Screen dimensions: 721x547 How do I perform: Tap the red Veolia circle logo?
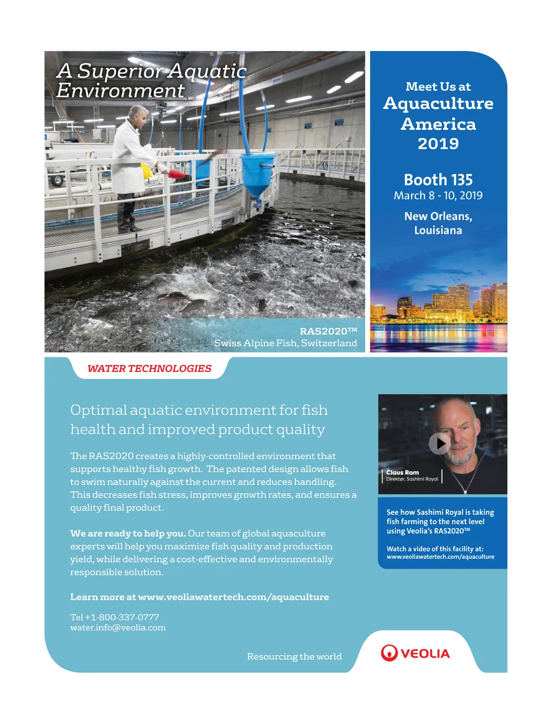coord(389,653)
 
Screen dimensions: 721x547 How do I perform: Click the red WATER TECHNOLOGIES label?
coord(150,368)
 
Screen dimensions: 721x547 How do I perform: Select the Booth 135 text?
coord(438,180)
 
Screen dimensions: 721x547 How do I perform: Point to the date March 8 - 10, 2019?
coord(438,196)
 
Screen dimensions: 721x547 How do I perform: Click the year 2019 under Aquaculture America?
coord(438,144)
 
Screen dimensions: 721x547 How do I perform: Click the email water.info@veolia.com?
coord(118,628)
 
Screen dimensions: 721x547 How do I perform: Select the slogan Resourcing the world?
coord(294,656)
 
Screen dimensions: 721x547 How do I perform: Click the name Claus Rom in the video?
coord(402,473)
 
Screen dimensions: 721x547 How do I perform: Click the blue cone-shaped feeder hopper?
coord(258,175)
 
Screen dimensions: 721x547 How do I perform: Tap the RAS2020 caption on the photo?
coord(328,331)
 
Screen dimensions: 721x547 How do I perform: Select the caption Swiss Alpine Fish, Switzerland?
coord(285,343)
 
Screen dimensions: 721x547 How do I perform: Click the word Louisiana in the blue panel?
coord(438,230)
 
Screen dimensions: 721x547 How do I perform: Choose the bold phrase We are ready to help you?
coord(128,533)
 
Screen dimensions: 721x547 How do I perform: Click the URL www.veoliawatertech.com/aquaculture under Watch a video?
coord(440,556)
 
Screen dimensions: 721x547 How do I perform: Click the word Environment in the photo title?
coord(120,90)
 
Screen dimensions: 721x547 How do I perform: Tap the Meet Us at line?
coord(438,87)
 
